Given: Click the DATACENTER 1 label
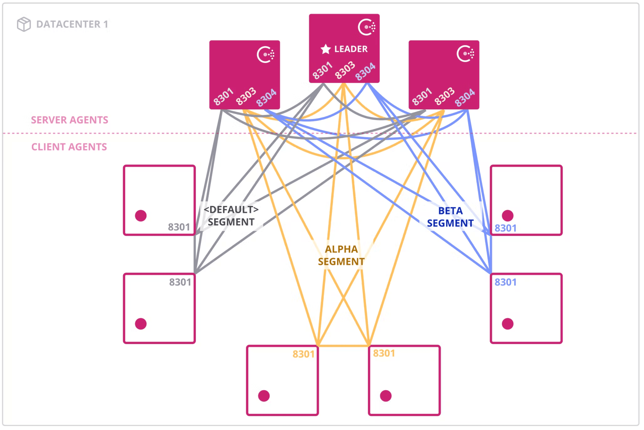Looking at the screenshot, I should [72, 24].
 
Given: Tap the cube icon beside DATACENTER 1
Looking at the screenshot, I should [24, 24].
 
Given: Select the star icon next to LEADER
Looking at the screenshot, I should [325, 49].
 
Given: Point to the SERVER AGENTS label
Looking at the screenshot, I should [69, 120].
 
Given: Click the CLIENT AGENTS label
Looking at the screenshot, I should [69, 147].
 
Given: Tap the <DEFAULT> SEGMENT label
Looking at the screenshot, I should [231, 216].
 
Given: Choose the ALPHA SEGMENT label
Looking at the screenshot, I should [341, 255].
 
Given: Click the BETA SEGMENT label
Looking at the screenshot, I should [450, 217].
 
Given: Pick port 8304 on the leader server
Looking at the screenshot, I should [365, 71].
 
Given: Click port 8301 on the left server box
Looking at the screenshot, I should [223, 96].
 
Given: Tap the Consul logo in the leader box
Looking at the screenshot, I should [367, 27].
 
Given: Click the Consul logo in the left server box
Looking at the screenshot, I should [266, 55].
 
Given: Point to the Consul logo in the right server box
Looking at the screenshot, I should [465, 54].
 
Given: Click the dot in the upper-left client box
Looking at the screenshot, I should [141, 216].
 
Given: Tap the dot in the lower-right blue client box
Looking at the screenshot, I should [507, 324].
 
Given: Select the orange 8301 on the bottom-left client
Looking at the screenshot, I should [303, 354].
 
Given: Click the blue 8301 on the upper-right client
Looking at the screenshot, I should [505, 228].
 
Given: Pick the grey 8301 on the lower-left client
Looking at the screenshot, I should [180, 282].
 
